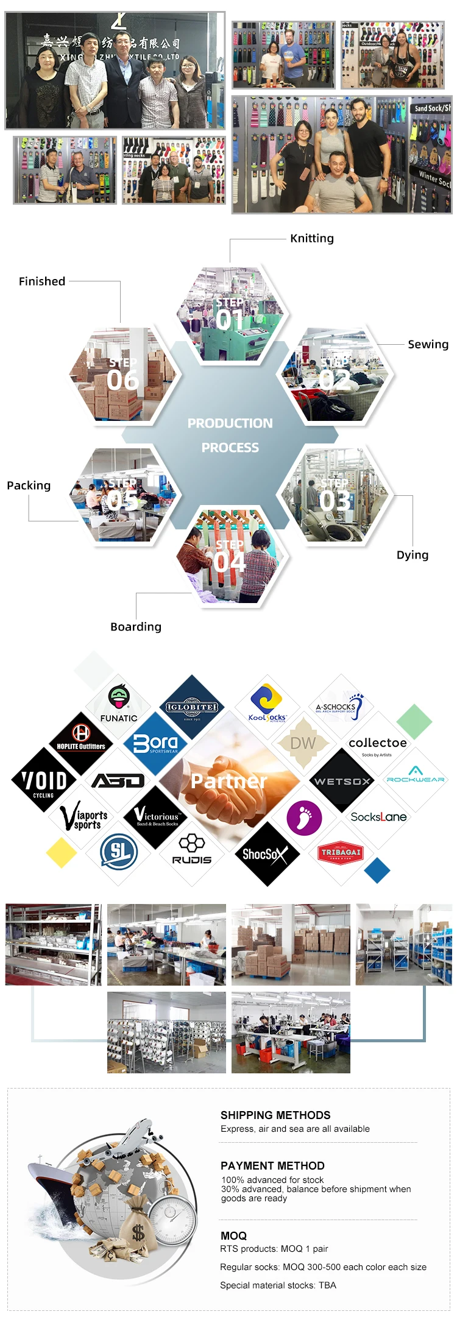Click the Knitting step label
(312, 238)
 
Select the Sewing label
(428, 344)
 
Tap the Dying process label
(413, 555)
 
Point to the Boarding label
(136, 627)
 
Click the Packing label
(29, 485)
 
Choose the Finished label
(42, 281)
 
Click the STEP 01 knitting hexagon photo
(230, 314)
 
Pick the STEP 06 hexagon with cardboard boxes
(123, 374)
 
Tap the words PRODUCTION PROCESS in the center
(230, 435)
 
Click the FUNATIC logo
(119, 704)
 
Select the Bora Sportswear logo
(156, 744)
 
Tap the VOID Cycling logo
(44, 781)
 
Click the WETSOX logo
(342, 781)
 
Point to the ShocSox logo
(266, 854)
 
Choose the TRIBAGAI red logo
(341, 852)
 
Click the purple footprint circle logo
(304, 817)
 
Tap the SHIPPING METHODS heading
(275, 1115)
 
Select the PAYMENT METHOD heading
(272, 1165)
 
